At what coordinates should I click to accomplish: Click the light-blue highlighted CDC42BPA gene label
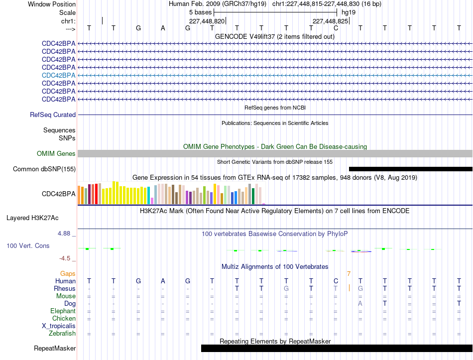[x=59, y=76]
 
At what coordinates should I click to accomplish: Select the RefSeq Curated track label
[x=53, y=115]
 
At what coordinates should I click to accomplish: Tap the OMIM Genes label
[x=56, y=153]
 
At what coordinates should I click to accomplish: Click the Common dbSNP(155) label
[x=44, y=169]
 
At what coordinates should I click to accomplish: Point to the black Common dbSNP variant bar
[x=411, y=169]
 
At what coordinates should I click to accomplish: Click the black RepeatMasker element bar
[x=337, y=348]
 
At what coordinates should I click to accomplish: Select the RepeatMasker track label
[x=55, y=348]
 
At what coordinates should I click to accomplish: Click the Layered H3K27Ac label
[x=32, y=218]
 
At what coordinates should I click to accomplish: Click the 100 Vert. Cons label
[x=28, y=245]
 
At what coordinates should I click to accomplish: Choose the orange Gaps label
[x=68, y=274]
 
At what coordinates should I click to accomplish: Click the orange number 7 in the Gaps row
[x=349, y=274]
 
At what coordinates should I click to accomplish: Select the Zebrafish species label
[x=62, y=334]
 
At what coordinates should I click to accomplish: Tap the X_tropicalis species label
[x=59, y=326]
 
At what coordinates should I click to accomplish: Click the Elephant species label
[x=63, y=311]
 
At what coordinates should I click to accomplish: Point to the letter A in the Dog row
[x=360, y=304]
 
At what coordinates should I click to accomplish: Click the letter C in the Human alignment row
[x=336, y=281]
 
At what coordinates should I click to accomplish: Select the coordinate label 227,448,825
[x=330, y=21]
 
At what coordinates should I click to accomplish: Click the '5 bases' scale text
[x=201, y=12]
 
